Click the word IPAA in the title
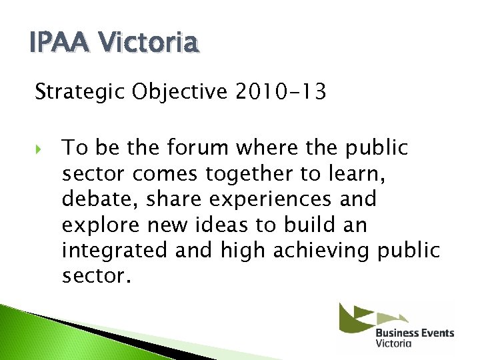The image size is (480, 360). [53, 43]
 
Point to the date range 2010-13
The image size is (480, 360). [281, 93]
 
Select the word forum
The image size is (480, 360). [199, 148]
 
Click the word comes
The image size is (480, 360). [166, 174]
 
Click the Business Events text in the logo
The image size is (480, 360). [414, 333]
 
